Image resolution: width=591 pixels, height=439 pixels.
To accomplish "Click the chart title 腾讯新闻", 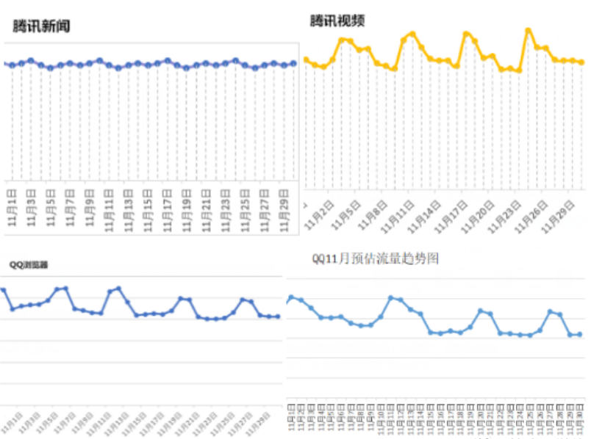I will pos(41,26).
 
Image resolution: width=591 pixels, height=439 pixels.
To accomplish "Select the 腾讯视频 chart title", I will pos(337,21).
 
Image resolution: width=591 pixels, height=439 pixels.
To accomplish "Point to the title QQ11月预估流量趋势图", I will pos(375,258).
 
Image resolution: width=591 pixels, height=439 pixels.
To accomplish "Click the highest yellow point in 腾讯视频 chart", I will pos(528,30).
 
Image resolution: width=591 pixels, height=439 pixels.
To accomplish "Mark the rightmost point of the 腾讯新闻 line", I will pos(293,63).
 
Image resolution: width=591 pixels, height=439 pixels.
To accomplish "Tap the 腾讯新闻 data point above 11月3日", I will pos(31,61).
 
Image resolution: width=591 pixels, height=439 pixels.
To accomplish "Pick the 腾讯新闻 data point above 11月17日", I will pos(168,61).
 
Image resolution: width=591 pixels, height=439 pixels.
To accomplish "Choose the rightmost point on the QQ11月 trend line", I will pos(579,335).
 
